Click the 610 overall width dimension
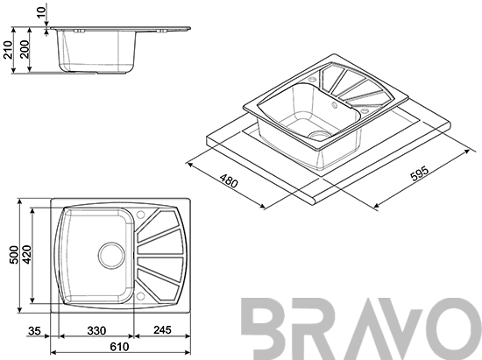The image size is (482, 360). click(119, 347)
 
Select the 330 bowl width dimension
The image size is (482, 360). click(96, 331)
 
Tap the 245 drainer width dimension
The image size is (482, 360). click(162, 330)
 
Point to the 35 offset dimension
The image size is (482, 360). click(34, 331)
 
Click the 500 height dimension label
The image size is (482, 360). click(14, 255)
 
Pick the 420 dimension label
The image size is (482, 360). click(26, 254)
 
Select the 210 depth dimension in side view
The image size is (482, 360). click(8, 49)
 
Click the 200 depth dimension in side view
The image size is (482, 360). click(25, 49)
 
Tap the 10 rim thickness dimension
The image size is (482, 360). click(41, 11)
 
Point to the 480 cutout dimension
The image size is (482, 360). click(229, 181)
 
